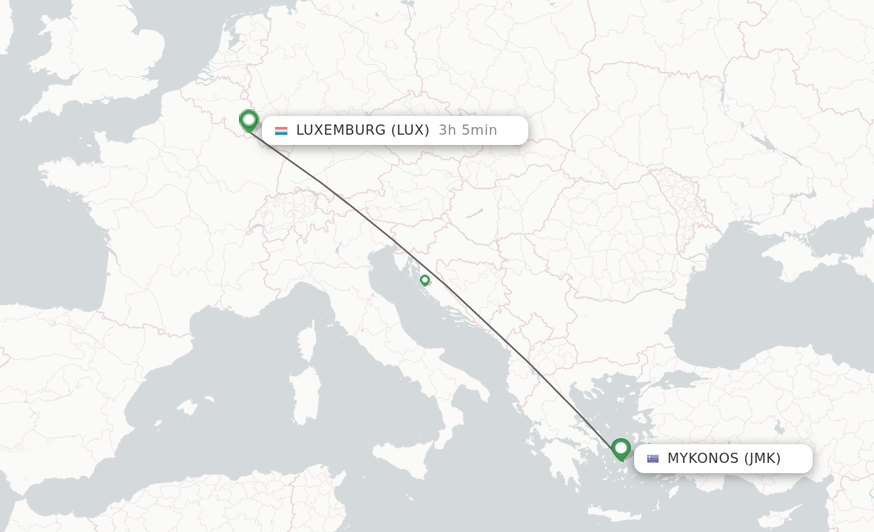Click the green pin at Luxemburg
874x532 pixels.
tap(248, 120)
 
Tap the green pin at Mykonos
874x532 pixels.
tap(621, 448)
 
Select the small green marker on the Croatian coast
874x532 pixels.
tap(424, 280)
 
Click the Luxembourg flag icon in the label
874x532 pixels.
tap(281, 130)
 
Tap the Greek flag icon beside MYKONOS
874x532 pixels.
tap(653, 459)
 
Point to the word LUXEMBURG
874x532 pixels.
tap(341, 130)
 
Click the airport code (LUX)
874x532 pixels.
tap(410, 130)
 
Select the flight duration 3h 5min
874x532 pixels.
tap(467, 130)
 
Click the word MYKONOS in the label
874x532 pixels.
tap(702, 459)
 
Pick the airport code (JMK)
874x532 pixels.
tap(762, 459)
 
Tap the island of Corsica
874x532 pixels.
tap(310, 338)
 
